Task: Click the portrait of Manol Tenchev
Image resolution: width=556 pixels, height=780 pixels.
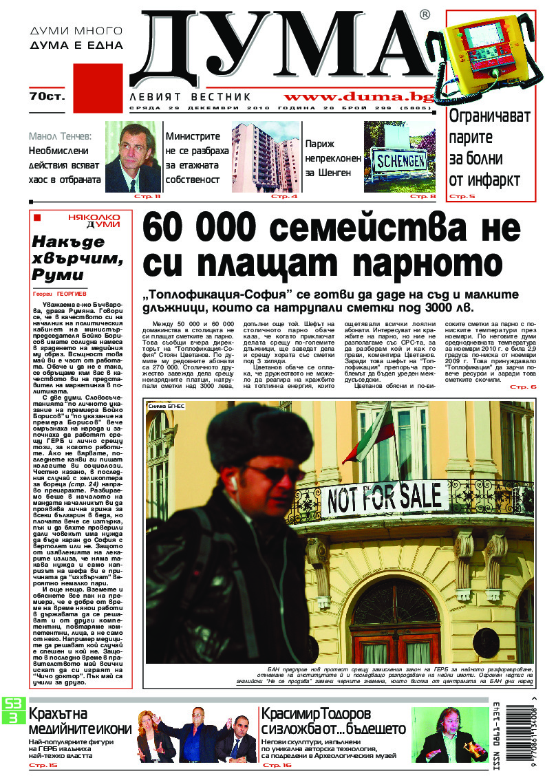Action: [x=133, y=156]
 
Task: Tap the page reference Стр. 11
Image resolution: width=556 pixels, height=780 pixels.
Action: [x=147, y=197]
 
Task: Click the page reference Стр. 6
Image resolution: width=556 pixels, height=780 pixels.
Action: [x=522, y=388]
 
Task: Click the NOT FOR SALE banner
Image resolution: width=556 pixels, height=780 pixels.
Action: [x=385, y=497]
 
